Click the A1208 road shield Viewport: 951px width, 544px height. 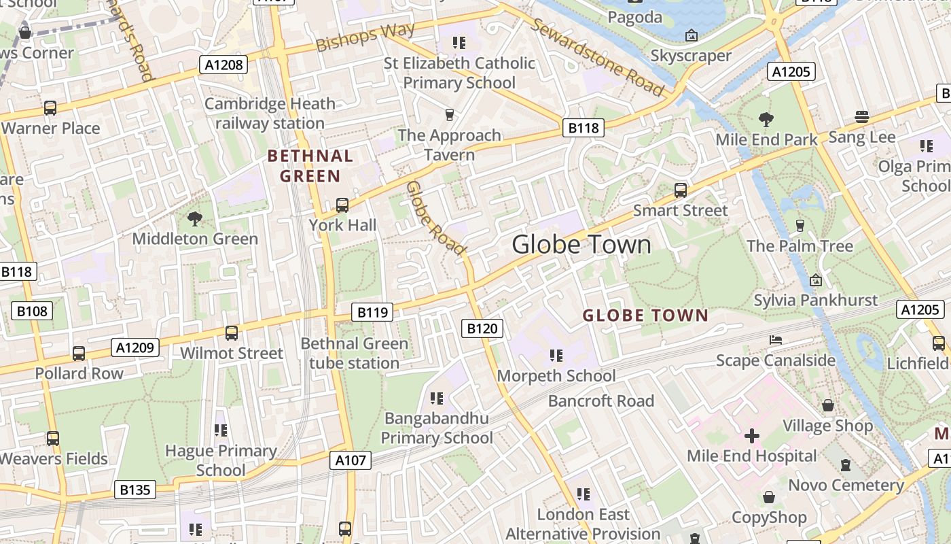tap(223, 65)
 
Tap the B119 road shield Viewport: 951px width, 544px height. tap(372, 312)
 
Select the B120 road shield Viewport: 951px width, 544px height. tap(482, 328)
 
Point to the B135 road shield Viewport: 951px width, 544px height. tap(135, 490)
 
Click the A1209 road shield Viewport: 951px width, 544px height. tap(135, 348)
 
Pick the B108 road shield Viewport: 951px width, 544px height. tap(32, 311)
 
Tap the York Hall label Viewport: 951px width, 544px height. tap(342, 225)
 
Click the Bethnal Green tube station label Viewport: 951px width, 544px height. tap(354, 353)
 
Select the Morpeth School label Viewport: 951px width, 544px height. tap(556, 375)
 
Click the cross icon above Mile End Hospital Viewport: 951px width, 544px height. tap(752, 435)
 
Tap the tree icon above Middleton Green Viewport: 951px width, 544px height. tap(195, 218)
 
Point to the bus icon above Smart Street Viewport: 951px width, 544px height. tap(680, 190)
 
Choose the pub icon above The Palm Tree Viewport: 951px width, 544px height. tap(800, 225)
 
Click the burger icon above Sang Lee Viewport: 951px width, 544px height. tap(862, 117)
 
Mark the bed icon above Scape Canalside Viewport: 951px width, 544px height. tap(776, 340)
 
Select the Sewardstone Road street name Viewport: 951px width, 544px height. tap(597, 57)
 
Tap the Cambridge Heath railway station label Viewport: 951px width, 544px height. tap(270, 114)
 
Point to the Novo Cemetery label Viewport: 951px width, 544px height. tap(846, 485)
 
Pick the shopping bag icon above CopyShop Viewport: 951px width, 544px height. tap(769, 497)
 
